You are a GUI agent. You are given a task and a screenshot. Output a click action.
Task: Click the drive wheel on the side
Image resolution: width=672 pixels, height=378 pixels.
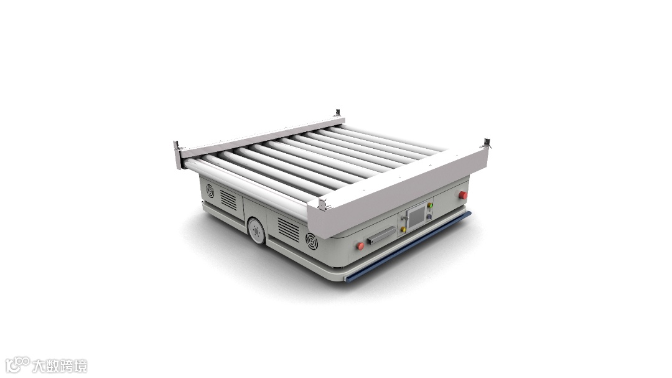[x=256, y=231]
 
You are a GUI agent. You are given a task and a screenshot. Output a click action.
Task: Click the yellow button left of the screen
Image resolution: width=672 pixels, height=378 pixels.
[x=403, y=230]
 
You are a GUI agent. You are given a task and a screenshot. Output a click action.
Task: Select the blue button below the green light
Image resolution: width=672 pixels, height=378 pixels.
[x=429, y=216]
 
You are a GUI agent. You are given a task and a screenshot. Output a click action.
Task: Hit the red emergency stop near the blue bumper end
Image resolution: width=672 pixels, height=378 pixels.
[x=463, y=195]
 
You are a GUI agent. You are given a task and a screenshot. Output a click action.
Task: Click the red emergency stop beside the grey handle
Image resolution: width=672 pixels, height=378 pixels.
[x=360, y=246]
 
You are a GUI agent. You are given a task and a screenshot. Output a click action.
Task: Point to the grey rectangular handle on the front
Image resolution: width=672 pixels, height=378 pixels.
[x=381, y=235]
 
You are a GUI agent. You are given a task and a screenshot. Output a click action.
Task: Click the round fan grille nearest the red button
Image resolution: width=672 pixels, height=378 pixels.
[x=312, y=241]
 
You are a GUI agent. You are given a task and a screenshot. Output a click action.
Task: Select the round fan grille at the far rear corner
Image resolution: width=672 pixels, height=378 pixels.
[x=210, y=191]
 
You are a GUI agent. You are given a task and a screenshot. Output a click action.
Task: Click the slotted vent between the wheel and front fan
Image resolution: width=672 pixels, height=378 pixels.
[x=289, y=229]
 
